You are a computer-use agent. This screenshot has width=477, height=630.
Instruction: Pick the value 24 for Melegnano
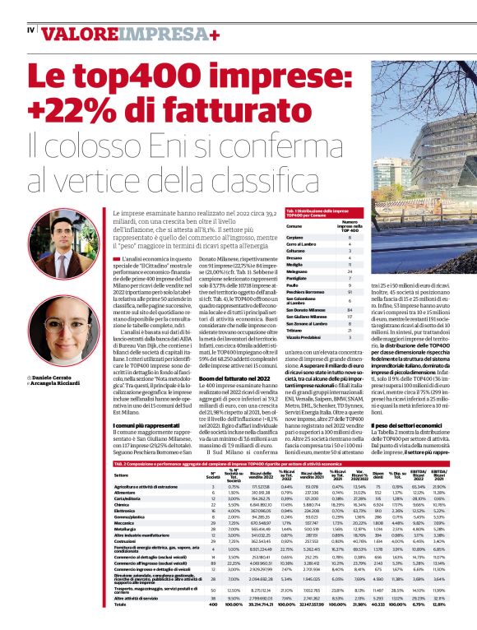point(350,271)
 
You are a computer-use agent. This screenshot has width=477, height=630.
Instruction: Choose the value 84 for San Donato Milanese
point(350,310)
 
